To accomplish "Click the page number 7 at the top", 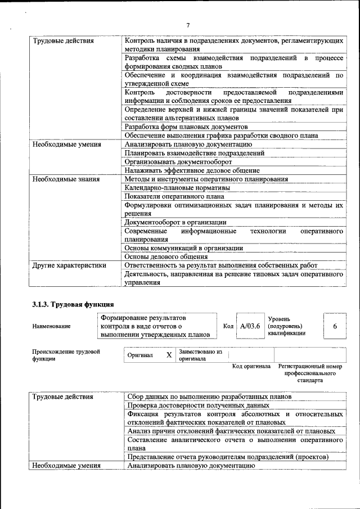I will click(188, 25).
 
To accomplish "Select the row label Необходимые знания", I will click(66, 179).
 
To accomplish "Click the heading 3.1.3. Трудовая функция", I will click(73, 305).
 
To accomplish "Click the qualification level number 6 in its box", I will click(335, 326).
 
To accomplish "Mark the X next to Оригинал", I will click(169, 355).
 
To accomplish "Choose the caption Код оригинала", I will click(251, 367).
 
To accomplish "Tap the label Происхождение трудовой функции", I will click(66, 355).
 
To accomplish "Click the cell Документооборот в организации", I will click(175, 222).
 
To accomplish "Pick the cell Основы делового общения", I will click(166, 256).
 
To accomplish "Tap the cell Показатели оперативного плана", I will click(174, 196).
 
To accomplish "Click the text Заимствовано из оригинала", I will click(200, 355).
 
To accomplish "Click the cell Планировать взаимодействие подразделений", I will click(195, 153).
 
